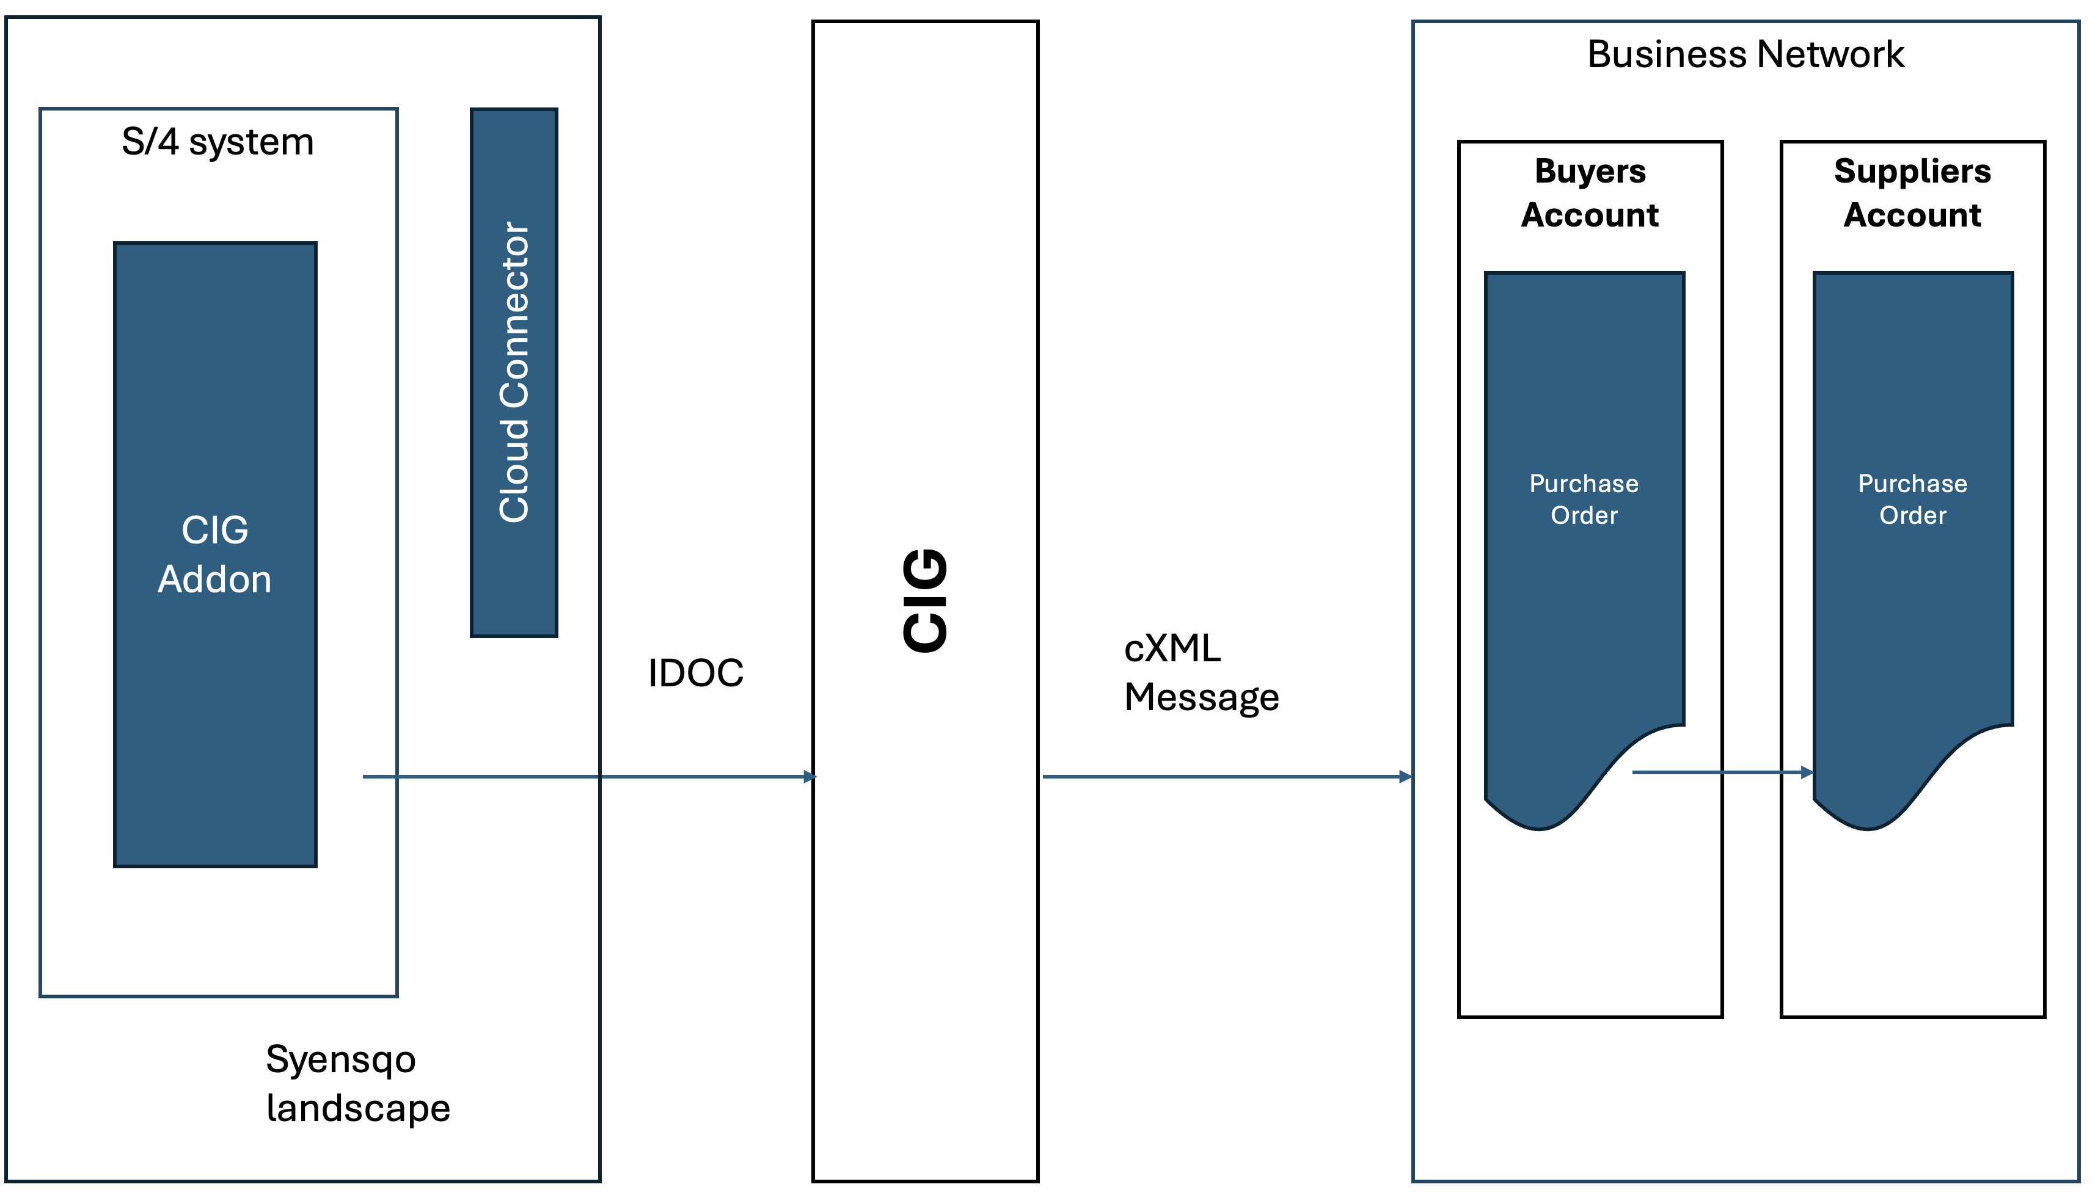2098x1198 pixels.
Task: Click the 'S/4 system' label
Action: pyautogui.click(x=217, y=142)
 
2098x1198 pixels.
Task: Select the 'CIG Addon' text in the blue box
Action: pyautogui.click(x=215, y=554)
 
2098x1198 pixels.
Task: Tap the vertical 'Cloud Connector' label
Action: pyautogui.click(x=514, y=372)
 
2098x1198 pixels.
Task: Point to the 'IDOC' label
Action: pyautogui.click(x=695, y=673)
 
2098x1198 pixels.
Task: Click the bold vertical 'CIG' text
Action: pyautogui.click(x=925, y=601)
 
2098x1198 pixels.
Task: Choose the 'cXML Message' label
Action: pyautogui.click(x=1201, y=673)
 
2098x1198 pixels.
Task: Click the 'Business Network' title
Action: pyautogui.click(x=1745, y=54)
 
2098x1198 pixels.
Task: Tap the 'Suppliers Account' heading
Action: pyautogui.click(x=1912, y=192)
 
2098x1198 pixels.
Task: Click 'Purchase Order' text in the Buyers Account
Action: pyautogui.click(x=1584, y=499)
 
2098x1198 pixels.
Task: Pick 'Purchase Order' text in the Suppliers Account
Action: pyautogui.click(x=1912, y=499)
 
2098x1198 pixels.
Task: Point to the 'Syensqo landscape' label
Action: pyautogui.click(x=357, y=1084)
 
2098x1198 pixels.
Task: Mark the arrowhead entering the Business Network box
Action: pyautogui.click(x=1406, y=777)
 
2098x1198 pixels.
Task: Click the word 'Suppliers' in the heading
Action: pyautogui.click(x=1912, y=171)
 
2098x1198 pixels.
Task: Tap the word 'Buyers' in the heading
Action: pyautogui.click(x=1590, y=171)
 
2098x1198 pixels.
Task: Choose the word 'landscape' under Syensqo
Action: pyautogui.click(x=358, y=1108)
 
